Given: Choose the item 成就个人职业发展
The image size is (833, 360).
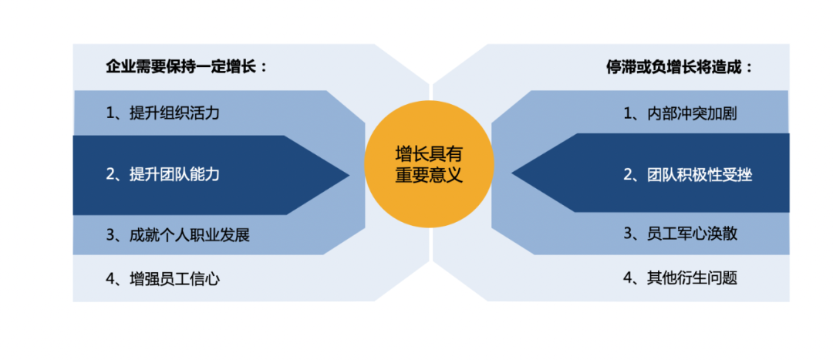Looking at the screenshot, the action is [x=190, y=234].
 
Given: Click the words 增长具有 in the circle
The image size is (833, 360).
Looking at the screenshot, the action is [x=429, y=153].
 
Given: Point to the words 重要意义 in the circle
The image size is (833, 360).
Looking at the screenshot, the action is [x=429, y=175].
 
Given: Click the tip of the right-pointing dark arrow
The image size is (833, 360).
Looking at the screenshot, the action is [x=348, y=175].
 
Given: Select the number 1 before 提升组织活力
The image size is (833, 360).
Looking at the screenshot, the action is [x=110, y=113].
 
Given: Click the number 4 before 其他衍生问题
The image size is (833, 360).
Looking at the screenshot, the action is [x=628, y=278].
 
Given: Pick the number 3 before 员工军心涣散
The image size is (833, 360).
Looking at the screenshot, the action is [x=628, y=234].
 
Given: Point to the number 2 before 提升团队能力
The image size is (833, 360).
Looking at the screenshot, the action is [x=110, y=174].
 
